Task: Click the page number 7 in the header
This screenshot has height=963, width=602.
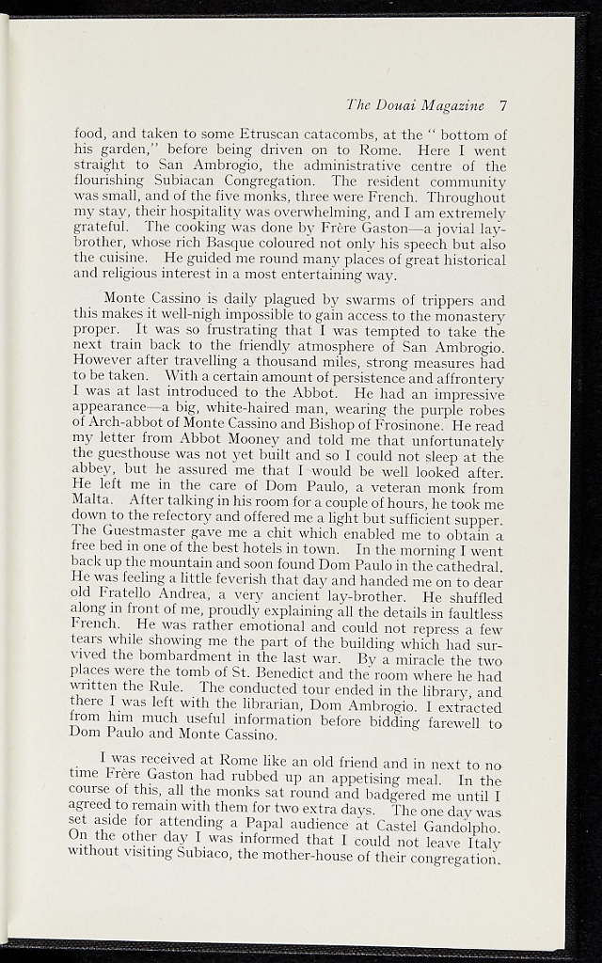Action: [503, 105]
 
